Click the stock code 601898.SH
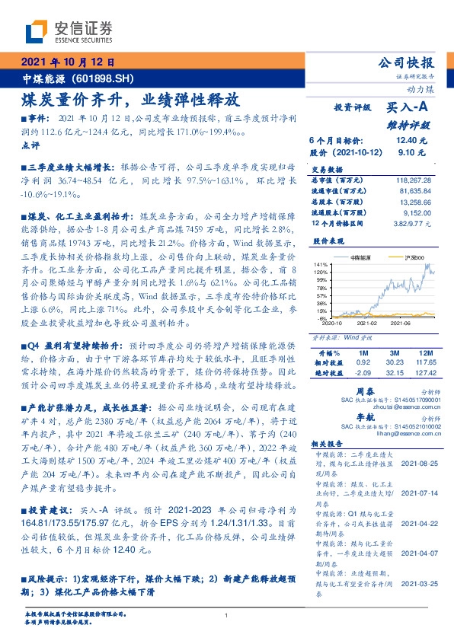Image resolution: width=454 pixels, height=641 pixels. [103, 79]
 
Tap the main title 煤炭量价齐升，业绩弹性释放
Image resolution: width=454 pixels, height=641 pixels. [130, 100]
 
